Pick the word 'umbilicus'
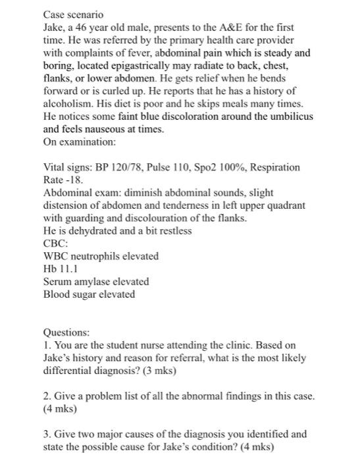(x=290, y=117)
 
